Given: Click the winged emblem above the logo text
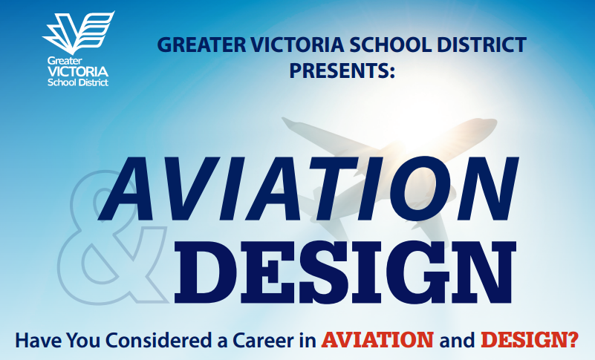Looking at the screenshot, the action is tap(79, 32).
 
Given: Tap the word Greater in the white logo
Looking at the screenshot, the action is tap(65, 61).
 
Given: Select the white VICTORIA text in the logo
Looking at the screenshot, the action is tap(78, 71).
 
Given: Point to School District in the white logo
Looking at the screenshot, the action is tap(78, 82).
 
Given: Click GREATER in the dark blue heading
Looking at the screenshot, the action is tap(202, 45).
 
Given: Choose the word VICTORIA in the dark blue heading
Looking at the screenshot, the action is tap(297, 45).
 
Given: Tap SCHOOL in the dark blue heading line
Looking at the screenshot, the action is tap(391, 45).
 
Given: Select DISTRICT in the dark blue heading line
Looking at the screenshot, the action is tap(481, 45).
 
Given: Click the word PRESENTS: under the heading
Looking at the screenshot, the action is tap(342, 71).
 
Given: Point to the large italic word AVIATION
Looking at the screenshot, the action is tap(308, 189).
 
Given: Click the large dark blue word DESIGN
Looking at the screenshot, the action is tap(345, 272).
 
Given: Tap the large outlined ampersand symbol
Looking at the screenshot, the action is tap(114, 237).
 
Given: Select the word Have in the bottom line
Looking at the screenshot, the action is tap(39, 340).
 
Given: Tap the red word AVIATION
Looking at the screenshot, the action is tap(377, 340).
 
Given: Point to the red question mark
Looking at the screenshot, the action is tap(573, 340).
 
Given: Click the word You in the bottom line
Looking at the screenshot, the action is tap(83, 340).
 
